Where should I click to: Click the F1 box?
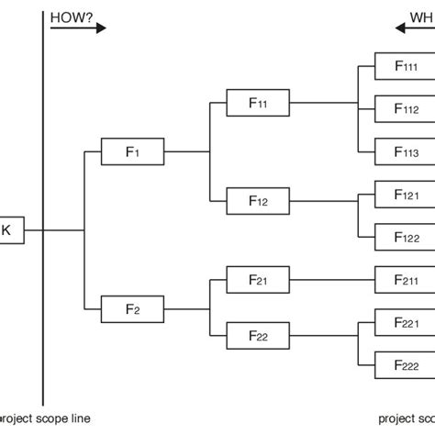pos(131,151)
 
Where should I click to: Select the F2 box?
pos(131,308)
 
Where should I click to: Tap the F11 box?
pos(257,103)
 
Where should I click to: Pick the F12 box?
pos(257,199)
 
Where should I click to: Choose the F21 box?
pos(257,277)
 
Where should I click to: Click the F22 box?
pos(257,338)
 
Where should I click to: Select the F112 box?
pos(405,108)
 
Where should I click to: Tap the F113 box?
pos(405,151)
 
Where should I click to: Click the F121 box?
pos(405,195)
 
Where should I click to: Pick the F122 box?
pos(405,237)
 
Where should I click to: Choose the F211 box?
pos(405,279)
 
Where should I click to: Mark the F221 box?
pos(405,322)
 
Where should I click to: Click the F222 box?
pos(405,365)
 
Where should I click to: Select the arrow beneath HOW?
pos(77,28)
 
